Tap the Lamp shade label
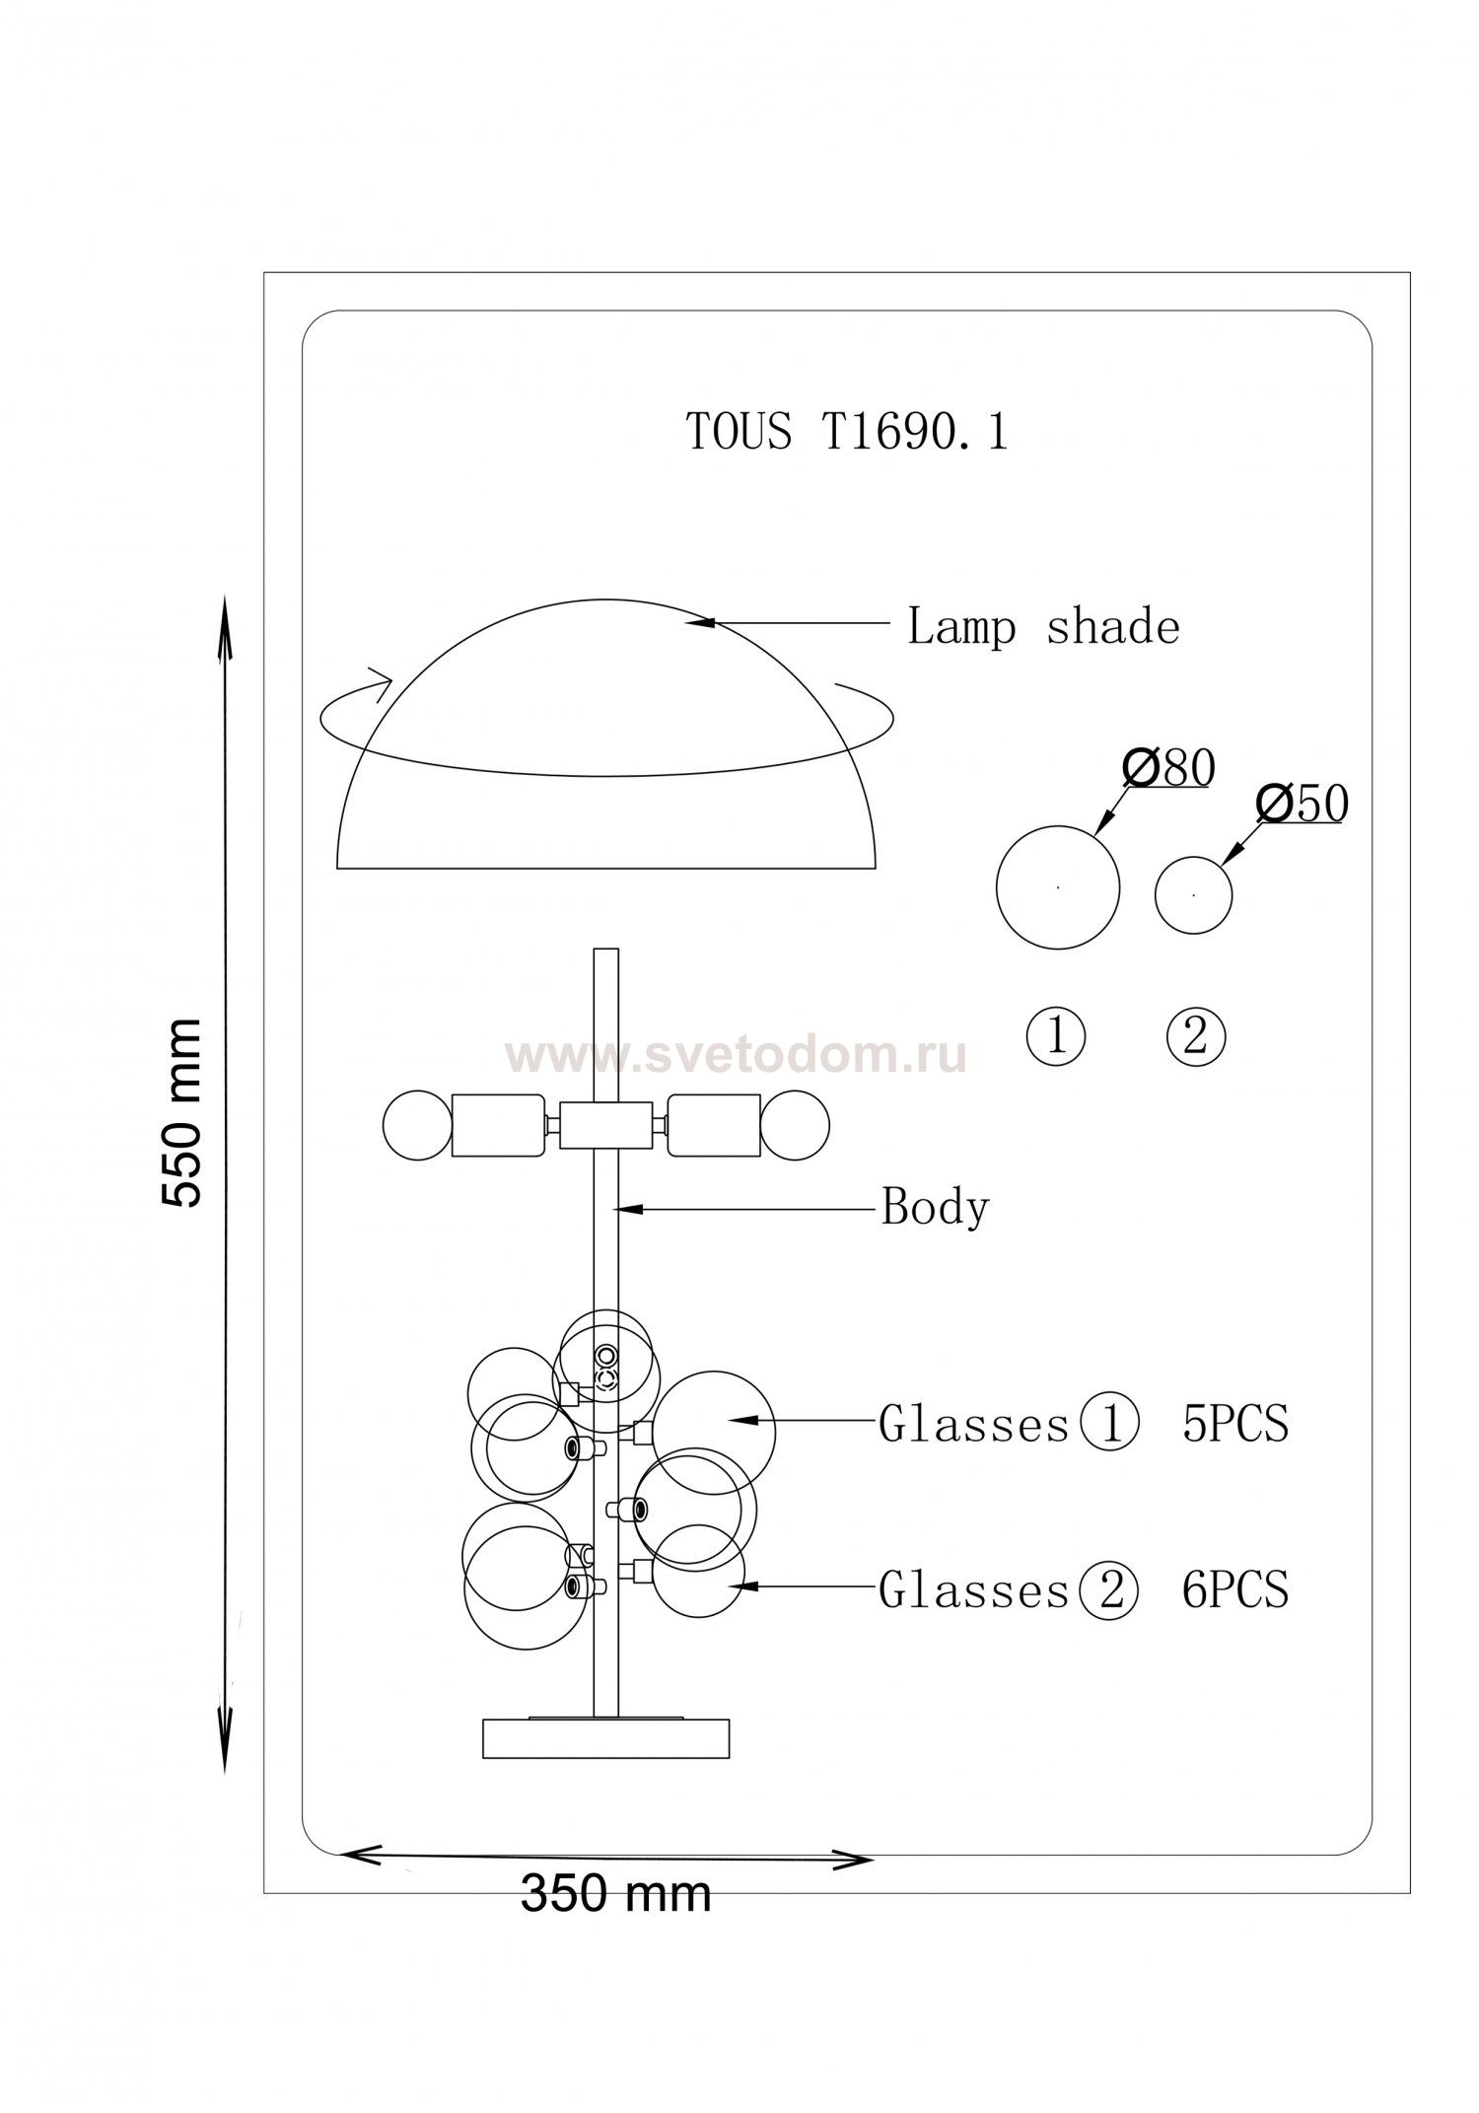point(1043,627)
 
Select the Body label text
point(935,1207)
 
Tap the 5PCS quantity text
point(1235,1423)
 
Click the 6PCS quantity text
point(1235,1588)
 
